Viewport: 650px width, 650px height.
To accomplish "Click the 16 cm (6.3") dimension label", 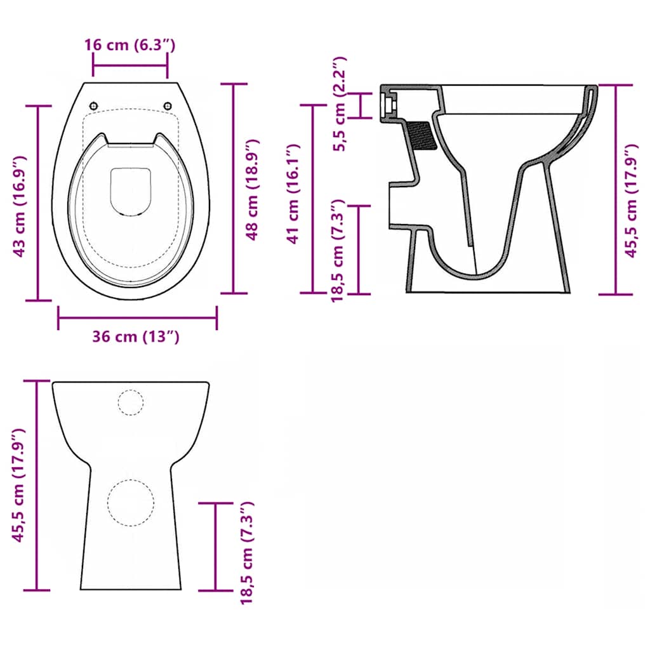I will coord(129,45).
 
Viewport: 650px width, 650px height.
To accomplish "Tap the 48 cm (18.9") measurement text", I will coord(252,189).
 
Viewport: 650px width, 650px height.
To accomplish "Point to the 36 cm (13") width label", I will coord(136,336).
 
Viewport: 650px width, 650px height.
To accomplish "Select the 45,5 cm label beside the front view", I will coord(19,486).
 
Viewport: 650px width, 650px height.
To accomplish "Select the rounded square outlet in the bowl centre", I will coord(131,191).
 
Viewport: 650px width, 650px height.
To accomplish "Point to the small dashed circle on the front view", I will coord(131,402).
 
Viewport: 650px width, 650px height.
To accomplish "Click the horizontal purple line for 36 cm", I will coord(137,317).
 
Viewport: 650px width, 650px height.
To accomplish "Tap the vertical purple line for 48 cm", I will coord(234,189).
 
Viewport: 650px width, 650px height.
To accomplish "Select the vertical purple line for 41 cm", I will coord(313,199).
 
